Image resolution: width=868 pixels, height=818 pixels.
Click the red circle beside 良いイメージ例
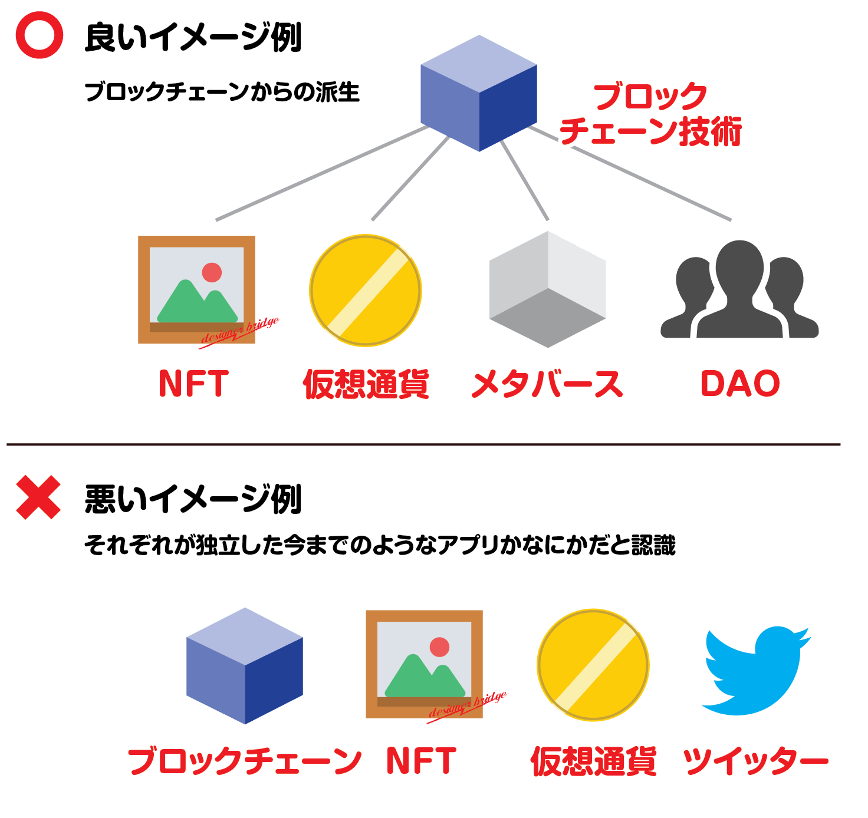coord(39,35)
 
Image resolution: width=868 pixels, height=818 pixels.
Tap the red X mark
coord(38,497)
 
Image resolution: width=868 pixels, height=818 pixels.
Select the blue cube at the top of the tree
coord(479,93)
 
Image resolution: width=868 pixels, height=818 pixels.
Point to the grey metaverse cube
coord(548,289)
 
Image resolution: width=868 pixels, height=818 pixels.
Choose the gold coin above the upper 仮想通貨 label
coord(366,291)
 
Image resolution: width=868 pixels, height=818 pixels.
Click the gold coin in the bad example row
coord(593,665)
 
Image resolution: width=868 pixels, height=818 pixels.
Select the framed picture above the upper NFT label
coord(196,289)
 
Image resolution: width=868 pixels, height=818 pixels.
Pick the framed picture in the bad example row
coord(424,664)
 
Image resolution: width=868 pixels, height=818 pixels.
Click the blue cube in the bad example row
coord(245,665)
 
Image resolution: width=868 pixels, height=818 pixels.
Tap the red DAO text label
coord(740,383)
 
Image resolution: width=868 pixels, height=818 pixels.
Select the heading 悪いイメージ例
coord(193,499)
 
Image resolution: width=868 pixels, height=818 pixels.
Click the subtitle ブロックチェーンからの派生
coord(222,92)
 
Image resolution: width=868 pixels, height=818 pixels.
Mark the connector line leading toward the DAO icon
coord(631,173)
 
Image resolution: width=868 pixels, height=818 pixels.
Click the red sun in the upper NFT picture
coord(212,272)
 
